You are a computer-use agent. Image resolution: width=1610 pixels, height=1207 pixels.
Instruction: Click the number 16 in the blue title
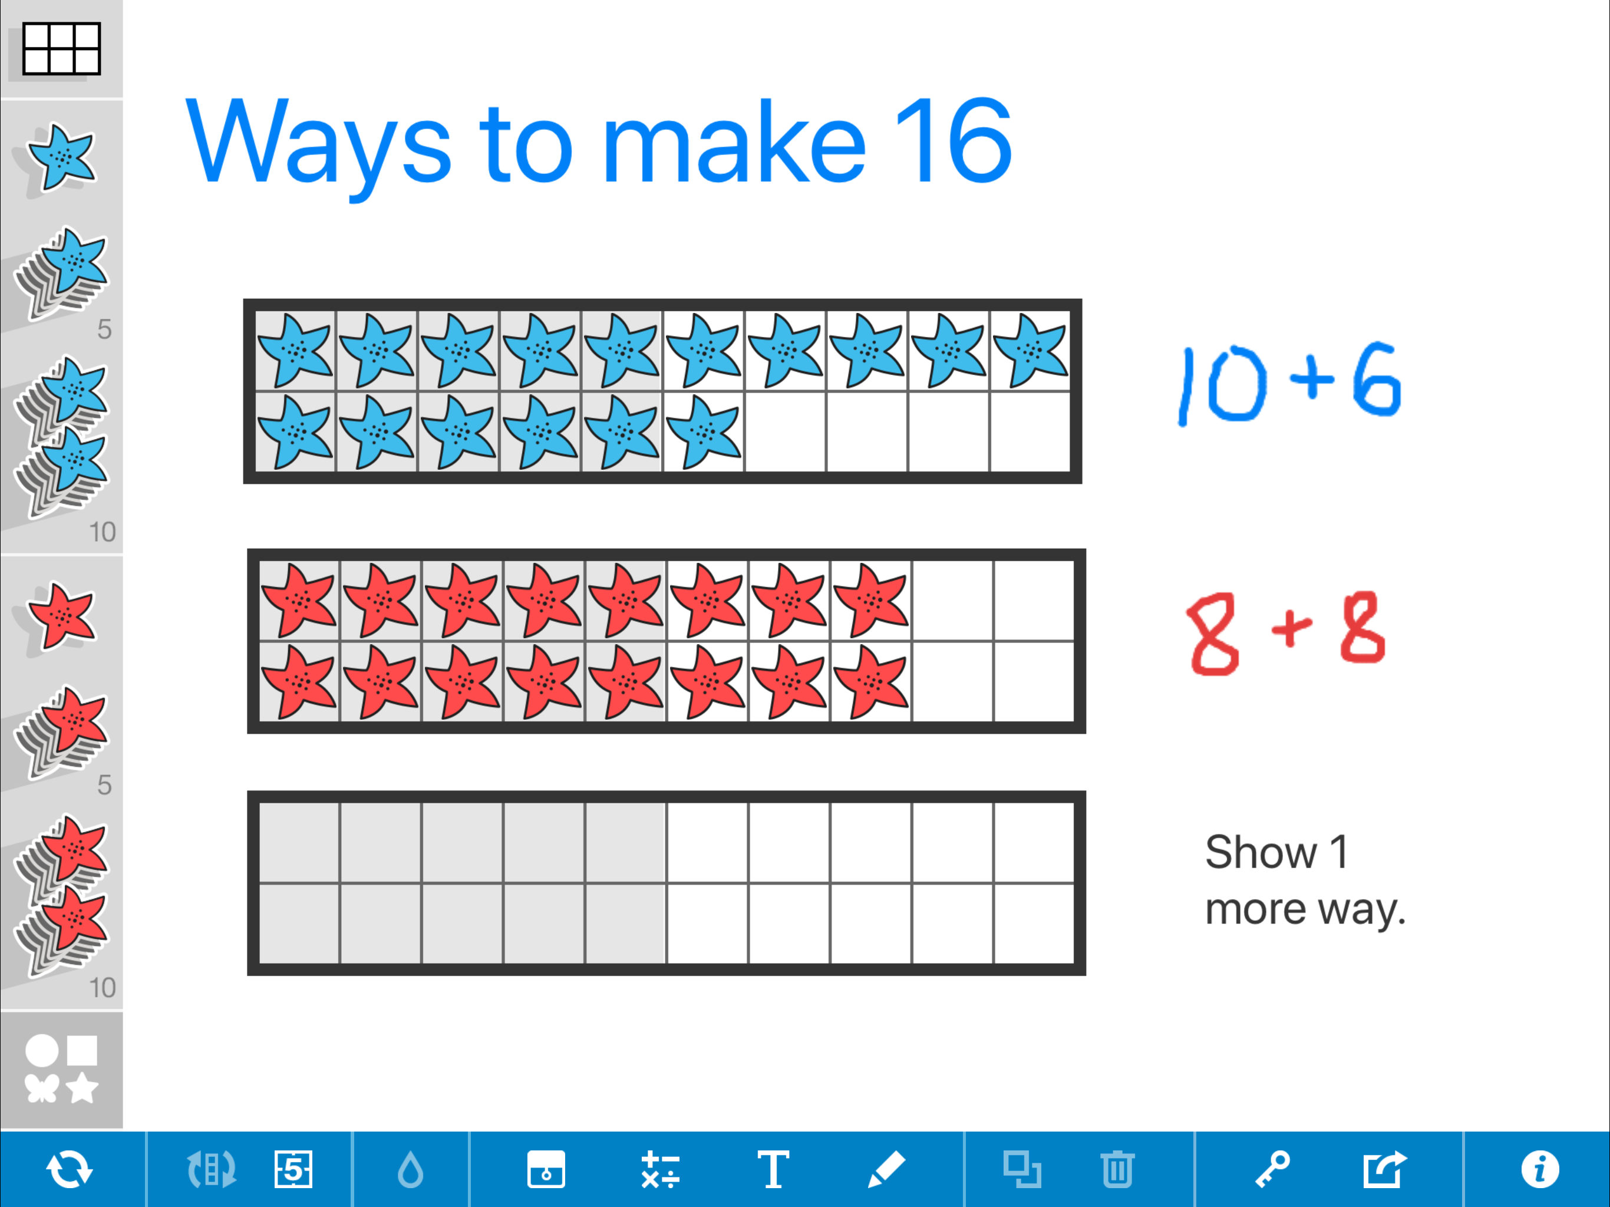click(953, 140)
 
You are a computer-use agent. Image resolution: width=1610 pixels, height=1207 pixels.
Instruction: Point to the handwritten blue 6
click(1377, 380)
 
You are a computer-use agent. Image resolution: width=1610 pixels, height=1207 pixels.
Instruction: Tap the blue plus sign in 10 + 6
click(1312, 378)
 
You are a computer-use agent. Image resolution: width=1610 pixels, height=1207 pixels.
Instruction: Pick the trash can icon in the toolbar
click(1117, 1169)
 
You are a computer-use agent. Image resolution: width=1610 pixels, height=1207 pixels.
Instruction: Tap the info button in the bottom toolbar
click(1539, 1169)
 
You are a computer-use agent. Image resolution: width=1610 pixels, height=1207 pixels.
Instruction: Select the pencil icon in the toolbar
click(886, 1169)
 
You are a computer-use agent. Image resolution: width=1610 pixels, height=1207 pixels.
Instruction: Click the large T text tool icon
click(773, 1169)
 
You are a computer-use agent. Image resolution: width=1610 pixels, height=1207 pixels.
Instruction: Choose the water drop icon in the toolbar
click(411, 1169)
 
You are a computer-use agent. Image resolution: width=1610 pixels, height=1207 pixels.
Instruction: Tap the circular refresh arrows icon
click(69, 1169)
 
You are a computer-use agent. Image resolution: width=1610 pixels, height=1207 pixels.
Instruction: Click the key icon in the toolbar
click(1272, 1169)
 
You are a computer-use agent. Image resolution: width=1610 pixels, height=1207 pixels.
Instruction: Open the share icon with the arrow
click(1384, 1169)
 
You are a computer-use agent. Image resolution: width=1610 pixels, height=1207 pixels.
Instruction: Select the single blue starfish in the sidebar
click(61, 157)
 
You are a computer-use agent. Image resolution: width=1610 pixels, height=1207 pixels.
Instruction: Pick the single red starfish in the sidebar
click(61, 616)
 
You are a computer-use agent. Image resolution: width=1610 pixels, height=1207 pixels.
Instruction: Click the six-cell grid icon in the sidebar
click(61, 49)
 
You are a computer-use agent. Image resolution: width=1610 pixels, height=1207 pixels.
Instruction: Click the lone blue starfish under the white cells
click(704, 433)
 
